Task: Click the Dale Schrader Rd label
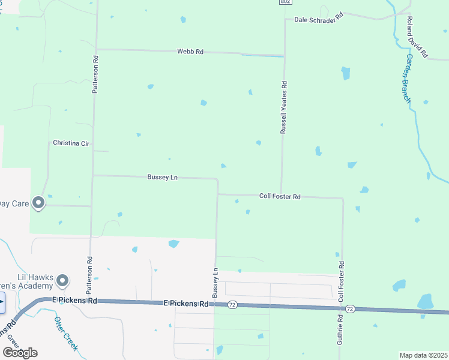pyautogui.click(x=318, y=17)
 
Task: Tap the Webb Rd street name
pyautogui.click(x=190, y=52)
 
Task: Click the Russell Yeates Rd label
pyautogui.click(x=285, y=109)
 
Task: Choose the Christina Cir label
pyautogui.click(x=71, y=143)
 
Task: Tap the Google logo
pyautogui.click(x=20, y=352)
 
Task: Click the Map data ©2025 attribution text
pyautogui.click(x=424, y=355)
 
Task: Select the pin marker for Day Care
pyautogui.click(x=39, y=203)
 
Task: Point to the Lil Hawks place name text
pyautogui.click(x=32, y=277)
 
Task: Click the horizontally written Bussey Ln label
pyautogui.click(x=163, y=177)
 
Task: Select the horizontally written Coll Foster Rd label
pyautogui.click(x=280, y=196)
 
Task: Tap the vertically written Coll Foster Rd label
pyautogui.click(x=341, y=281)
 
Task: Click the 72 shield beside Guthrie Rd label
pyautogui.click(x=351, y=308)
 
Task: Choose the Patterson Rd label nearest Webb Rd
pyautogui.click(x=95, y=74)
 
